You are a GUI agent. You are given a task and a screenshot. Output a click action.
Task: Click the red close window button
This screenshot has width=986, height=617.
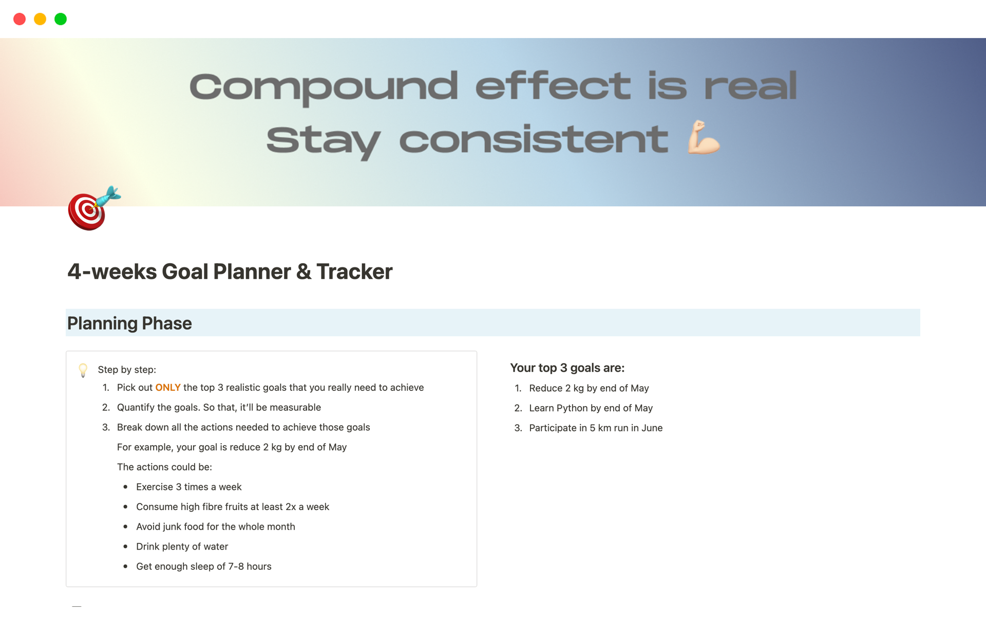coord(20,19)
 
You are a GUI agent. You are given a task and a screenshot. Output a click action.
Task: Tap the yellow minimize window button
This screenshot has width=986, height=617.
coord(40,19)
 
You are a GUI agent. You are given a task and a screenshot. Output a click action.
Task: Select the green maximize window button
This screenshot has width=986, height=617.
coord(61,19)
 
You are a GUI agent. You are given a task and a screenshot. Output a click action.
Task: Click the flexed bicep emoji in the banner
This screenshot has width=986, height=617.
coord(704,137)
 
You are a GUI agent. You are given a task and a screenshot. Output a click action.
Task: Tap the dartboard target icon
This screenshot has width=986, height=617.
coord(94,208)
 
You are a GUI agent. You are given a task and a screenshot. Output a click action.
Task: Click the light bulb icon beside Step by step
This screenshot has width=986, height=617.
coord(83,370)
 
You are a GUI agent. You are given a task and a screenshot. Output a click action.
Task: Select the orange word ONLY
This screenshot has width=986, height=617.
coord(168,388)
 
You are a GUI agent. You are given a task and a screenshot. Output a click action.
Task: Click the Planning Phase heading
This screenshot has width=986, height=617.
coord(129,323)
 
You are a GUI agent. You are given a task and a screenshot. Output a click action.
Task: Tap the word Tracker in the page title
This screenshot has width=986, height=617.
coord(354,271)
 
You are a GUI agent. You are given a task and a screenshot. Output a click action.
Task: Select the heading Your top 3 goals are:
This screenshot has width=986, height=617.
coord(567,368)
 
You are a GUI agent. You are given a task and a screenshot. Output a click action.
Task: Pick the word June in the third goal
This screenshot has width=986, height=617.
coord(652,428)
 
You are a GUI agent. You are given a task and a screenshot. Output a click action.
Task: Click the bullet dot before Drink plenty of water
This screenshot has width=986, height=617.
coord(125,547)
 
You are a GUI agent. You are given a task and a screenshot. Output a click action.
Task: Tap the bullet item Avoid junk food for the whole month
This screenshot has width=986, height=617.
coord(216,527)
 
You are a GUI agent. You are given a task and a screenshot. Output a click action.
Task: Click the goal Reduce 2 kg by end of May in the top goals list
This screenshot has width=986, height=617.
coord(589,388)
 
